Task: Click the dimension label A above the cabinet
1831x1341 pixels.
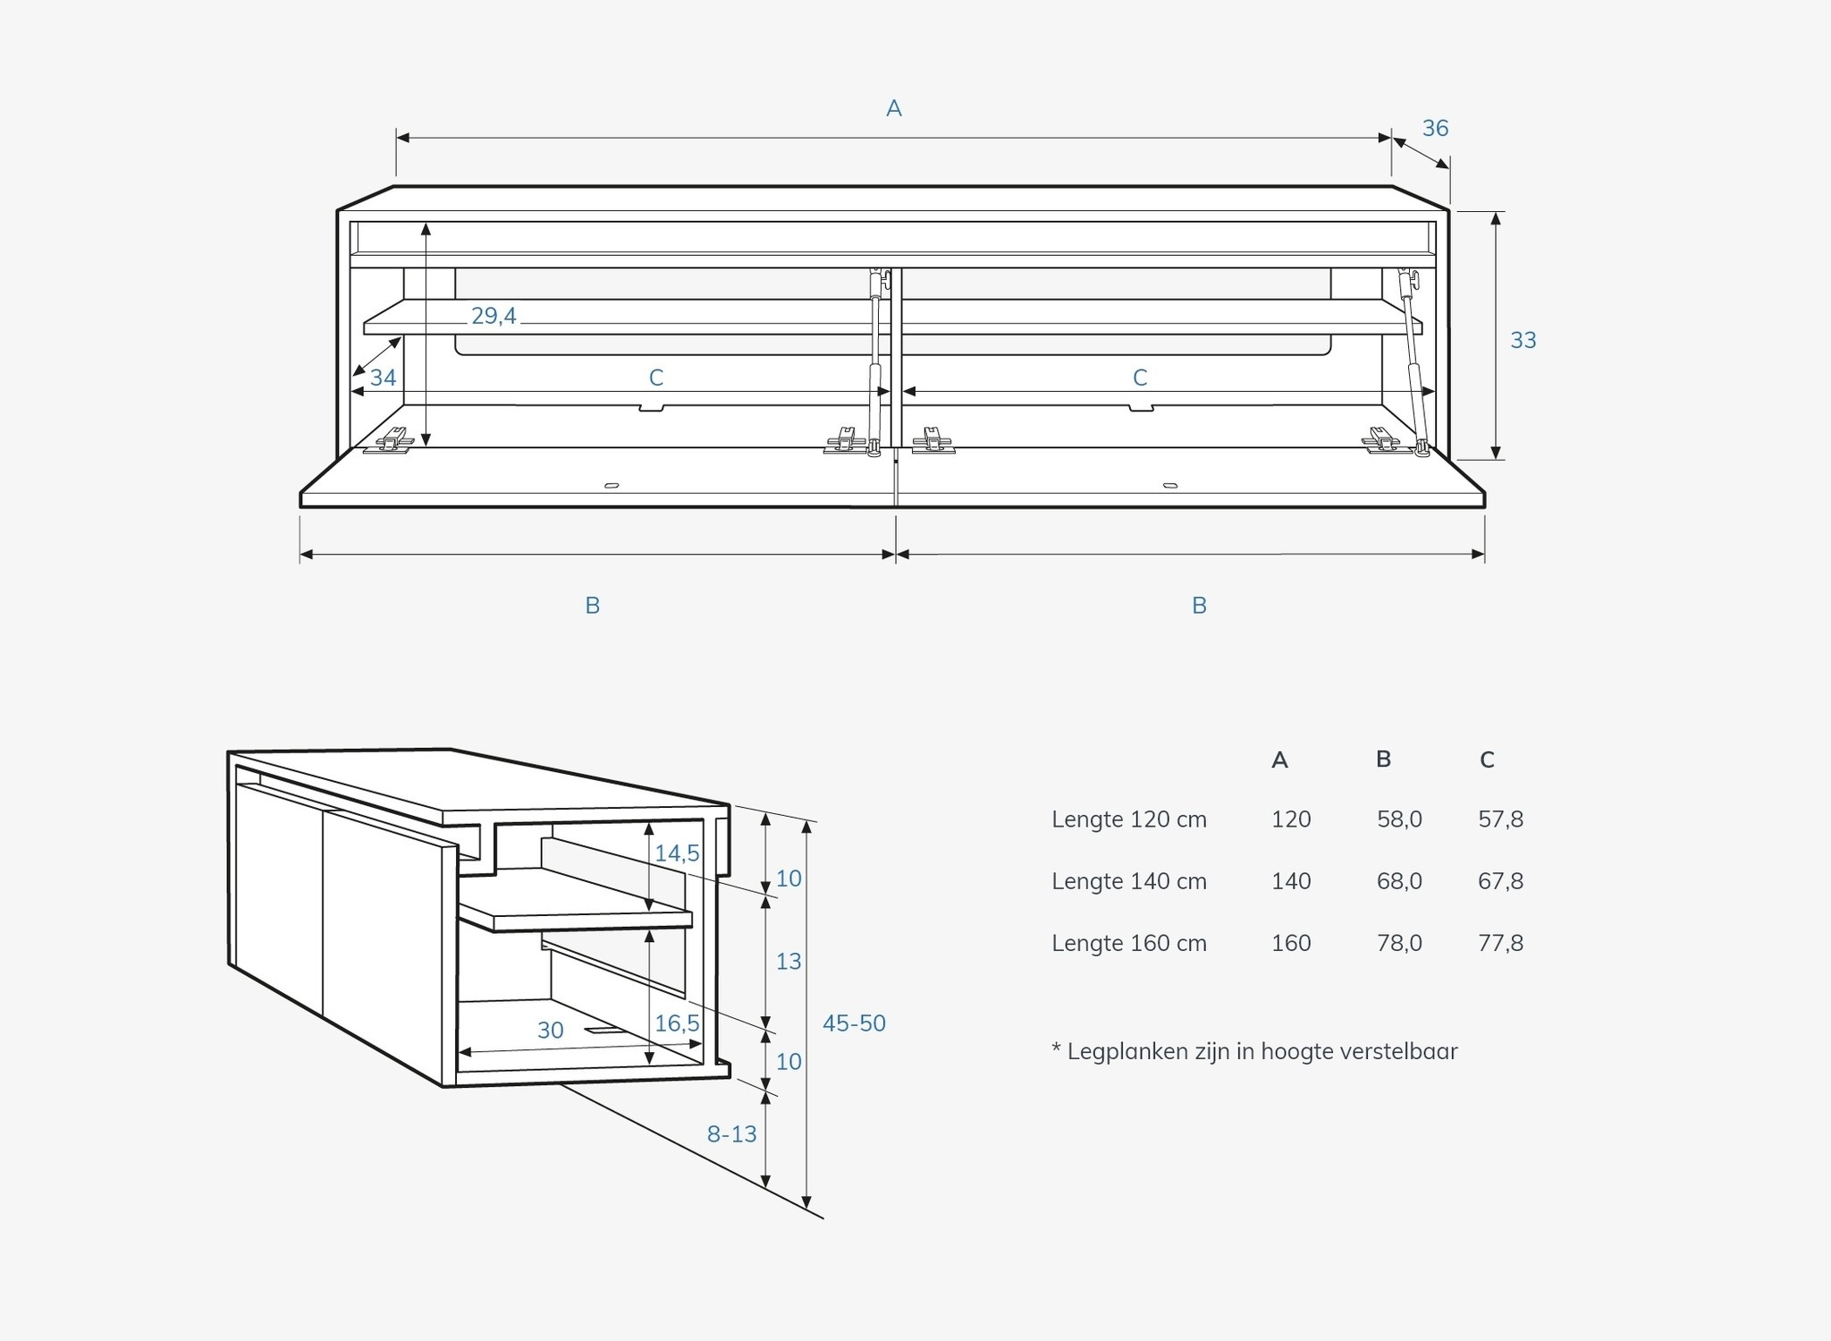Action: pos(893,109)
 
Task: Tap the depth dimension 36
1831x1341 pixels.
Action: pos(1435,129)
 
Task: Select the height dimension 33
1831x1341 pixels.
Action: pos(1523,340)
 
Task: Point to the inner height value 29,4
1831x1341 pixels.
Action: pos(494,316)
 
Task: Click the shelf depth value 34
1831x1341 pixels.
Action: pos(383,378)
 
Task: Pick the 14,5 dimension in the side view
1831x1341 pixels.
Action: pos(677,853)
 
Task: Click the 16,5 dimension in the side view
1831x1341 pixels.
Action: pos(677,1023)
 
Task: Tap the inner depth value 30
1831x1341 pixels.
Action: pos(551,1031)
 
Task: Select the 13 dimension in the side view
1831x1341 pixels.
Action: pos(788,962)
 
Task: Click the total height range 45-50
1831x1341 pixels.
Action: pos(854,1023)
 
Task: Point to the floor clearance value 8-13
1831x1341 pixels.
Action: pos(731,1134)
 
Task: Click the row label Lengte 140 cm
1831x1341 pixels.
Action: pos(1129,881)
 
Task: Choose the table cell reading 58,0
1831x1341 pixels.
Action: pos(1399,819)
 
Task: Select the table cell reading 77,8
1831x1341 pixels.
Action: pos(1500,943)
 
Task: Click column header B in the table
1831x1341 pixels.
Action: pos(1383,760)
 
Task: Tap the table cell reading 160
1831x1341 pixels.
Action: pos(1291,943)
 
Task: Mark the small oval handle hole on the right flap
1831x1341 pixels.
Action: pos(1169,486)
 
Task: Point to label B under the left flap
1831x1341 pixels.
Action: pos(592,606)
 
